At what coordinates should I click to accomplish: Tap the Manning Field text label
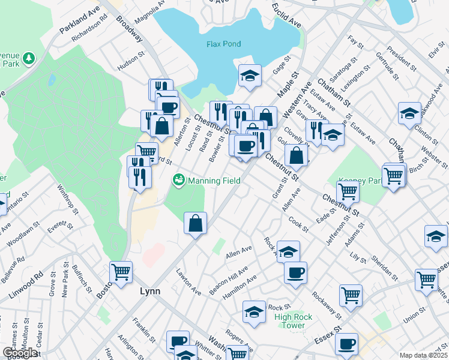point(214,181)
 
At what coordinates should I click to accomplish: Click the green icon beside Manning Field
point(178,180)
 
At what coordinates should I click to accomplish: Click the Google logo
point(19,353)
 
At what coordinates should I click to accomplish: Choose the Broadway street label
point(130,29)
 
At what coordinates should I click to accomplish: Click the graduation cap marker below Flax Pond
point(250,76)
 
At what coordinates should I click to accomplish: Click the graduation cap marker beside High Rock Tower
point(254,311)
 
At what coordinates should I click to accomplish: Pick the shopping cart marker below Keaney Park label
point(348,192)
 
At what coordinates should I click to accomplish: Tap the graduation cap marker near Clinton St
point(409,113)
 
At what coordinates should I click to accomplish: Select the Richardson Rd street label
point(89,39)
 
